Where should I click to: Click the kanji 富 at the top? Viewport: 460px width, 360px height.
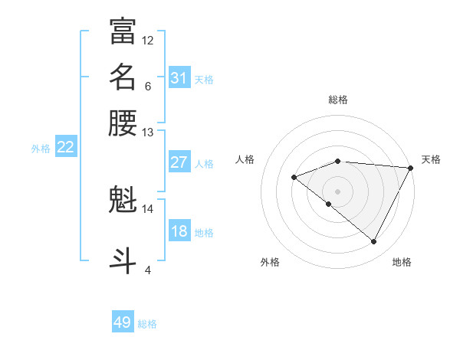123,31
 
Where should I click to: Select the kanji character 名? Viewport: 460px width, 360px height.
123,77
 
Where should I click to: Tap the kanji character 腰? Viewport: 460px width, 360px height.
123,123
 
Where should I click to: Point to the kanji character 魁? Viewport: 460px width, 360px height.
123,201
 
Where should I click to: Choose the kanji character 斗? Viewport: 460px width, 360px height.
123,259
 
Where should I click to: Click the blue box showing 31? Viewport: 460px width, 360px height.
179,78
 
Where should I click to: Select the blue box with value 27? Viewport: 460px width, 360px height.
179,162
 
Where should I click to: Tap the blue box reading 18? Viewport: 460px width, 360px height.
179,231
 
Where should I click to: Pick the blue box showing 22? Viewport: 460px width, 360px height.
65,148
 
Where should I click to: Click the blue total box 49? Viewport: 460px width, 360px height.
123,322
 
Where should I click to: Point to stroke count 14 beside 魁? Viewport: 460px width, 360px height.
147,208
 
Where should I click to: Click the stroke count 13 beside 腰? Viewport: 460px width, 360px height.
147,133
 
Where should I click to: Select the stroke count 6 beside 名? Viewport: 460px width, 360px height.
147,86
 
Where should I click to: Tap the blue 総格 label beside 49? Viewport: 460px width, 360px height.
147,324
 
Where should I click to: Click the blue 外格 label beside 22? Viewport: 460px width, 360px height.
41,149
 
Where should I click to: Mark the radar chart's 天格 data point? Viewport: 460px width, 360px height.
412,168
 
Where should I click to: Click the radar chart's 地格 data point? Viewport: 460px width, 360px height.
374,242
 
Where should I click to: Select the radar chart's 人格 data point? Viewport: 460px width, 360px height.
294,177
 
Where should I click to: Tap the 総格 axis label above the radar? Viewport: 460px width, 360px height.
338,100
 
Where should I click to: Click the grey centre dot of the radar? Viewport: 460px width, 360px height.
337,191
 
